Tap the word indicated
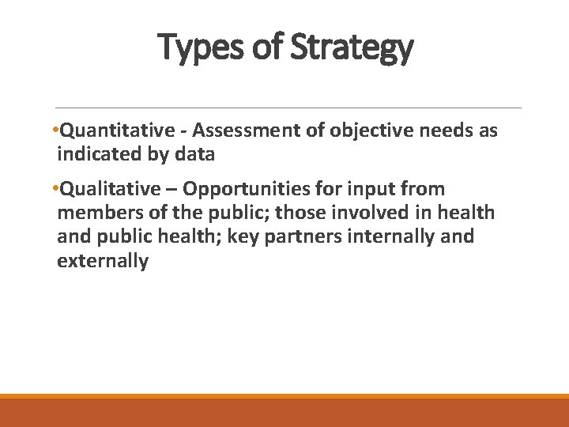point(100,154)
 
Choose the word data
point(194,154)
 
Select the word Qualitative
point(113,189)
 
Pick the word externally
point(103,261)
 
